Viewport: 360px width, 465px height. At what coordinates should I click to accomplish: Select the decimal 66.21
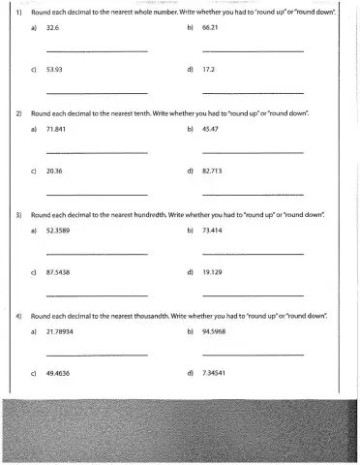211,30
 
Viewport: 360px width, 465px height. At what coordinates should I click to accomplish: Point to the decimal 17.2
209,71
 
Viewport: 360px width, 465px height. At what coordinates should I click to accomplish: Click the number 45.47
211,129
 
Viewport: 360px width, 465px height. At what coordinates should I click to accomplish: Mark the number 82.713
213,170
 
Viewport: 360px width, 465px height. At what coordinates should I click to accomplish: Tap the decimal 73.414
213,232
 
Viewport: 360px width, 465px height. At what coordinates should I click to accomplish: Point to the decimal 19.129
213,272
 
